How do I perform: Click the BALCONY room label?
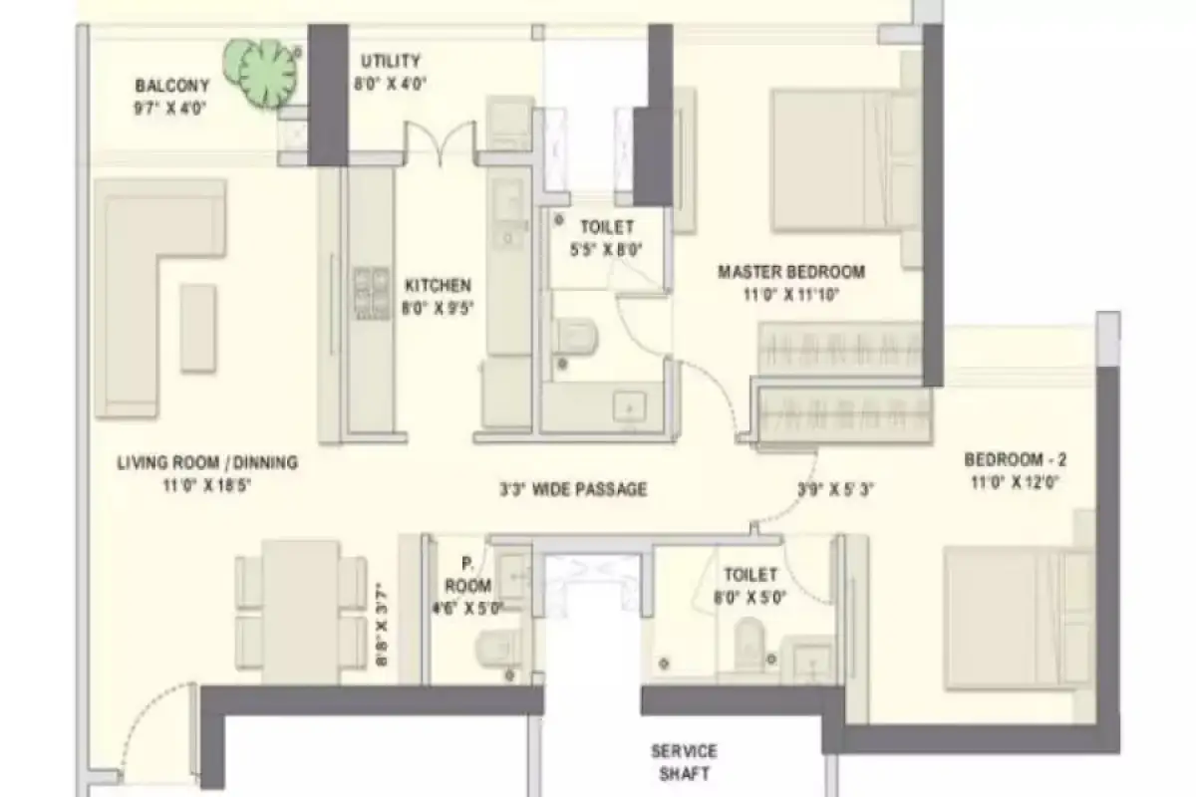click(x=171, y=86)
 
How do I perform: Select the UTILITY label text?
click(x=391, y=62)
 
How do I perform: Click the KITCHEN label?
click(x=439, y=286)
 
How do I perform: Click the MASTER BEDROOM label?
click(x=791, y=271)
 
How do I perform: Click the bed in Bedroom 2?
click(x=1007, y=618)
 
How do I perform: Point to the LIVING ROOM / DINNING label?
click(x=207, y=462)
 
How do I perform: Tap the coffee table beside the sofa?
click(x=198, y=328)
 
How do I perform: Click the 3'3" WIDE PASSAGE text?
click(x=573, y=489)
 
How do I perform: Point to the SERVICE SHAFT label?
click(x=684, y=762)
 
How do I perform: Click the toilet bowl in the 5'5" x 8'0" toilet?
click(x=572, y=336)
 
